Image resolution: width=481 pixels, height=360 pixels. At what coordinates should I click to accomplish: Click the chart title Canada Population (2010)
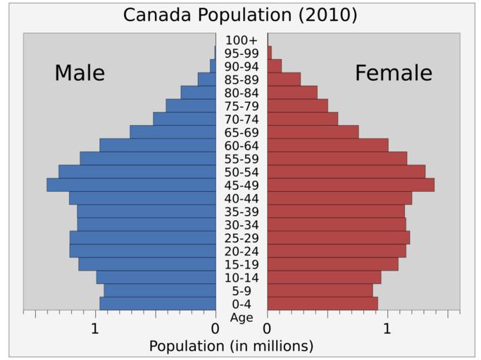coord(240,15)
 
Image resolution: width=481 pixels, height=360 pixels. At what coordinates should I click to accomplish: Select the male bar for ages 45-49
coord(131,185)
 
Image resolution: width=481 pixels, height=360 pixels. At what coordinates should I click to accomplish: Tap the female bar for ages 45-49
coord(351,185)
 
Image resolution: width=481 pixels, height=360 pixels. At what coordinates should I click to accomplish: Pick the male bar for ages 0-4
coord(158,304)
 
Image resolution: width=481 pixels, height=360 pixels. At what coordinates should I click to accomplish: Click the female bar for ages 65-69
coord(313,132)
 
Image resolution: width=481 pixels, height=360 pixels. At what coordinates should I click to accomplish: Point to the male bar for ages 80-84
coord(199,93)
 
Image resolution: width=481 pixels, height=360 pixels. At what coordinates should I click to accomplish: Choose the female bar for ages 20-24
coord(337,251)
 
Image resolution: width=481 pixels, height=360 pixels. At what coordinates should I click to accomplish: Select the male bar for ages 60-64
coord(158,146)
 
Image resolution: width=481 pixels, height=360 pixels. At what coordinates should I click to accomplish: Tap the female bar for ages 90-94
coord(275,66)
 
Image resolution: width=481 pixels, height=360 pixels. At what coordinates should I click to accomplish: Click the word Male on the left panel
coord(80,73)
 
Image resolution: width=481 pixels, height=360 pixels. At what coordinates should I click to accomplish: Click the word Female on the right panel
coord(393,73)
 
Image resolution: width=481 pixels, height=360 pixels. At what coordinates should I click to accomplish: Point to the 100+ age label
coord(242,41)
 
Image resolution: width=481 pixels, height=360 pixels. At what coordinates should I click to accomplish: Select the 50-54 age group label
coord(242,172)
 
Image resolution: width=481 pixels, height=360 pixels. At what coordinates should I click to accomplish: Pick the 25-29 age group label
coord(242,238)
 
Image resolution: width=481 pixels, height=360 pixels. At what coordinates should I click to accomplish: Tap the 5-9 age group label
coord(242,291)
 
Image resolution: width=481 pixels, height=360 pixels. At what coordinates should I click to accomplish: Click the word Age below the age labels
coord(242,317)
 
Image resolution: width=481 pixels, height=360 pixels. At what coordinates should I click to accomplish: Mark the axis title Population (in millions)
coord(231,346)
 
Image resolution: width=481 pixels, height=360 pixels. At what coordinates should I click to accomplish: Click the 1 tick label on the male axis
coord(95,328)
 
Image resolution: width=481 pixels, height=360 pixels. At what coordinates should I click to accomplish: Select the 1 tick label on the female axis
coord(387,328)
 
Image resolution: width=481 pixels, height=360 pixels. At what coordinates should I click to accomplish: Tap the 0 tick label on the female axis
coord(267,328)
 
